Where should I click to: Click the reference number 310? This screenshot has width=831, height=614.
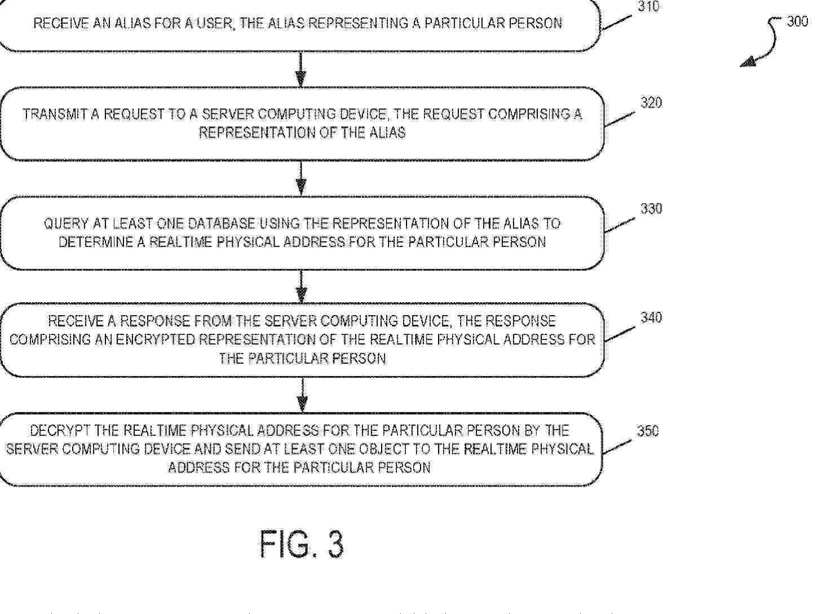(x=648, y=6)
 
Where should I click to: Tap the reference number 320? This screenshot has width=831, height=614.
(x=651, y=103)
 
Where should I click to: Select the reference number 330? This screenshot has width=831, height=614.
(x=651, y=209)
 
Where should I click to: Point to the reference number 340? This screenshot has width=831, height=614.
(x=651, y=318)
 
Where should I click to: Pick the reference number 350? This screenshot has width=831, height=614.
(x=648, y=431)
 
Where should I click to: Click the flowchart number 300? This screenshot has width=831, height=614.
(x=797, y=22)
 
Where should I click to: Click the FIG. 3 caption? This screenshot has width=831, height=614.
(x=302, y=544)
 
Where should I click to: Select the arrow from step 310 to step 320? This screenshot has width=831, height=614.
(x=301, y=69)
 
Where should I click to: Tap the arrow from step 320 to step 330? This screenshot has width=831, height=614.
(x=301, y=178)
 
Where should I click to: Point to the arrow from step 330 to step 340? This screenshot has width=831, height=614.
(x=302, y=286)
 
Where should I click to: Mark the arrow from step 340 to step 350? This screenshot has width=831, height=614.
(x=302, y=395)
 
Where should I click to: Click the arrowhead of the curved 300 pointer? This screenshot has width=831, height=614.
(x=748, y=62)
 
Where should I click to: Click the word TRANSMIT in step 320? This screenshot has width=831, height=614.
(x=55, y=114)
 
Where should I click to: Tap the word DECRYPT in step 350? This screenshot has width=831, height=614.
(x=60, y=431)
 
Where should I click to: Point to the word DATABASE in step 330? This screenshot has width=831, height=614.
(x=221, y=224)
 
